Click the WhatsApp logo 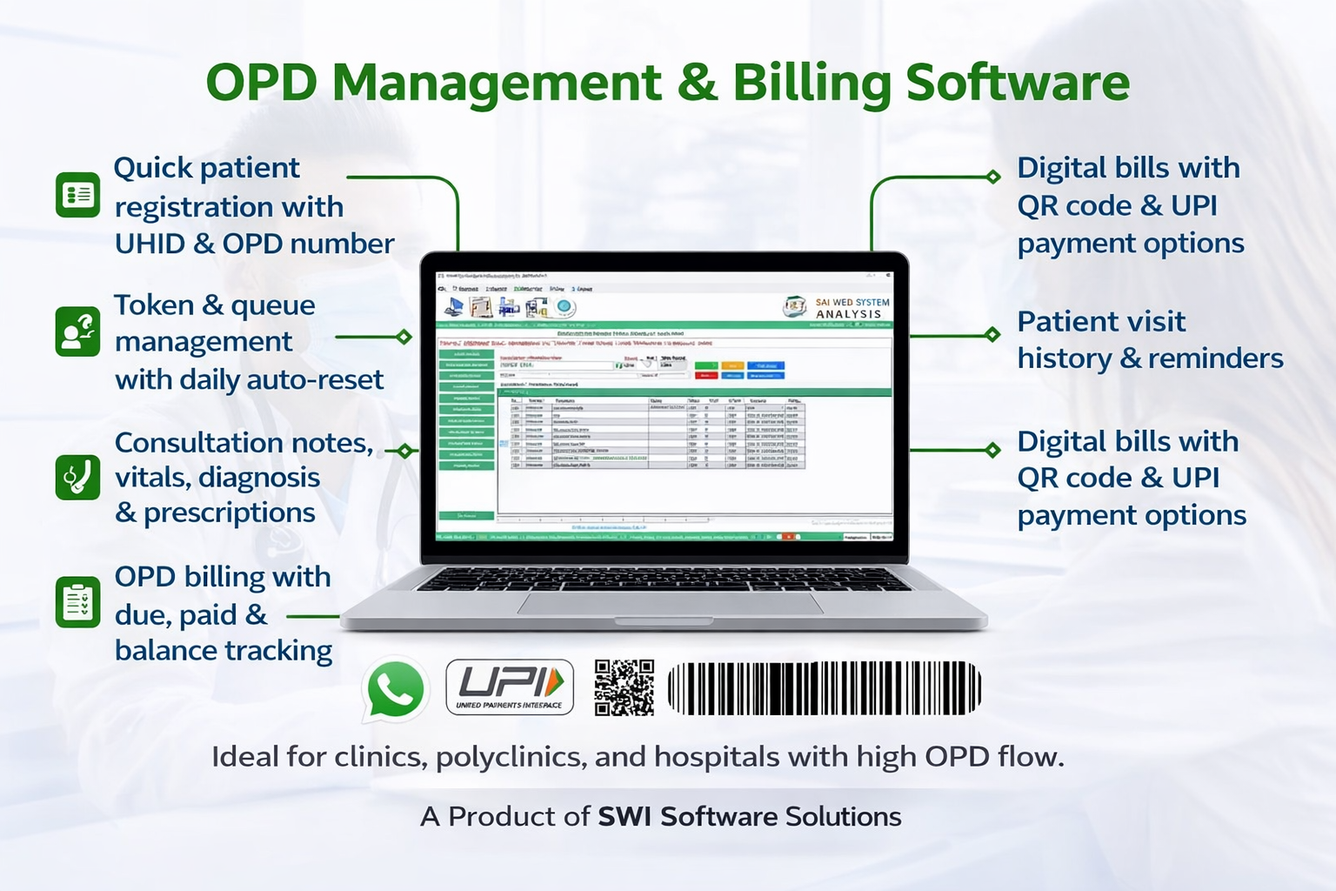tap(396, 688)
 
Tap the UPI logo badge tap(510, 687)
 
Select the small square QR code tap(625, 687)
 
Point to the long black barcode tap(824, 688)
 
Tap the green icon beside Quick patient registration tap(78, 194)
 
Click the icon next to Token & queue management tap(78, 332)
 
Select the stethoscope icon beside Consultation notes tap(78, 477)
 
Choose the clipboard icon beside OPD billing tap(78, 602)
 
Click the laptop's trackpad tap(670, 603)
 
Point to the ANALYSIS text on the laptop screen tap(849, 314)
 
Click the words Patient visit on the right tap(1101, 321)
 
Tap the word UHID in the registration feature tap(150, 245)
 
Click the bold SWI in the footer tap(625, 817)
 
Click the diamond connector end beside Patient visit tap(992, 334)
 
